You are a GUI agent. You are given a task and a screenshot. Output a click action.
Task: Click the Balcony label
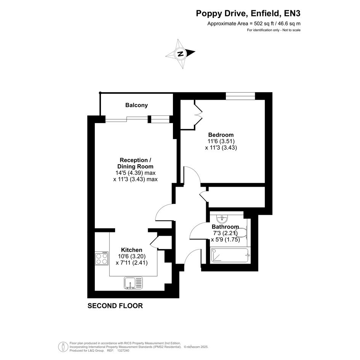136,105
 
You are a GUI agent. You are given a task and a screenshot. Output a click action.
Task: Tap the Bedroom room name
221,135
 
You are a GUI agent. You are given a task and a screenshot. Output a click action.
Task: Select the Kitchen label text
131,250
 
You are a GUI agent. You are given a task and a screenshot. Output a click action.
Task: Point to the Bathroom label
225,227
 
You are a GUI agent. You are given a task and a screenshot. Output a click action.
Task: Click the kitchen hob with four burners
102,258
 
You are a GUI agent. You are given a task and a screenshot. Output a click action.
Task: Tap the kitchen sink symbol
133,283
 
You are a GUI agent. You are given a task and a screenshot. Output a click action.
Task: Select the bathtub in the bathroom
230,255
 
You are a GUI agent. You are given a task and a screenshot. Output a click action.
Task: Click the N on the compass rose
181,54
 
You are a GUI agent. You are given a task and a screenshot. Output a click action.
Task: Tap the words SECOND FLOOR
115,306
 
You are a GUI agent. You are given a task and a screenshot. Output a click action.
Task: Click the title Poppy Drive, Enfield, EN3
248,13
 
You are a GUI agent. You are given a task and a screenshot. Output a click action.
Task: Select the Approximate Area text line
254,23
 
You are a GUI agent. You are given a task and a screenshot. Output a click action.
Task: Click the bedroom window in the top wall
240,96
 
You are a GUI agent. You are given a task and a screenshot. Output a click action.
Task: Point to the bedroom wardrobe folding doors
198,115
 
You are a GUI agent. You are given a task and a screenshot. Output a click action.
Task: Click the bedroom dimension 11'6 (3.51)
221,141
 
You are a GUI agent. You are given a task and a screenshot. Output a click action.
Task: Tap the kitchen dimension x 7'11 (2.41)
131,262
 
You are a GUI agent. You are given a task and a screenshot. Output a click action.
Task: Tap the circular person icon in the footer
63,347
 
